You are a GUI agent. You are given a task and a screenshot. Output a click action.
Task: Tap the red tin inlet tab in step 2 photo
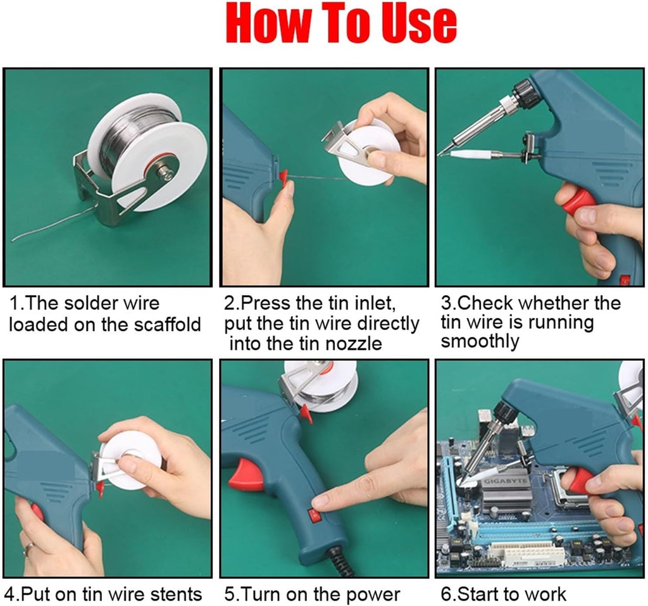(x=283, y=175)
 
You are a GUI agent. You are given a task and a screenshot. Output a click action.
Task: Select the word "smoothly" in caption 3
(x=480, y=341)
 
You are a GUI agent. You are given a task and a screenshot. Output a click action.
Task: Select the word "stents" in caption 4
(x=174, y=595)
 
